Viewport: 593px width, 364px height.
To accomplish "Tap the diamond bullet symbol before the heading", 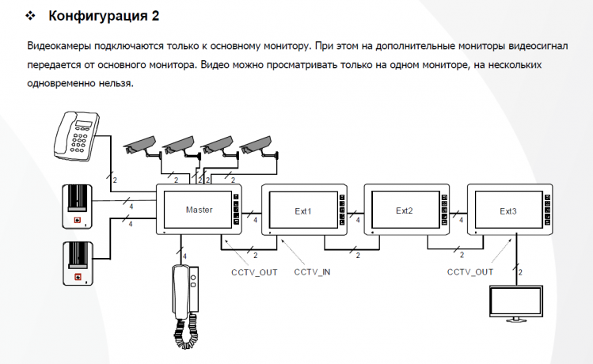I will coord(32,16).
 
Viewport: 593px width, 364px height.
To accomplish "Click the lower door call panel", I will coord(79,264).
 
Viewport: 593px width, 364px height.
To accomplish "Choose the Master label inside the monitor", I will coord(199,210).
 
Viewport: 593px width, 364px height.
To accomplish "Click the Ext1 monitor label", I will coord(303,211).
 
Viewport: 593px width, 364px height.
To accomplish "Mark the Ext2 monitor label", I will coord(405,211).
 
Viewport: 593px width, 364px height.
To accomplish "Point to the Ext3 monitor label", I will coord(507,211).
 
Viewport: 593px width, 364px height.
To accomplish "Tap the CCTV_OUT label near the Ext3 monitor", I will coord(469,271).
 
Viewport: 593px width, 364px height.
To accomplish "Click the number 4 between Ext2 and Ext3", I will coord(462,221).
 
